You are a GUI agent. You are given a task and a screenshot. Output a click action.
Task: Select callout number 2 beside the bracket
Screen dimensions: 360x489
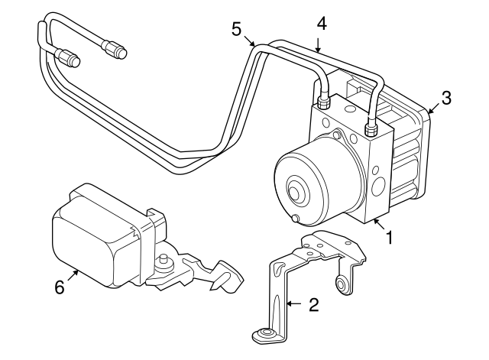tap(313, 306)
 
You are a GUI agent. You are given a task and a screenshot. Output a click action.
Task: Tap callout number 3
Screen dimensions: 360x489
tap(446, 98)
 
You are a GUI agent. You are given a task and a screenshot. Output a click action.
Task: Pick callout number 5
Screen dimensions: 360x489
tap(238, 29)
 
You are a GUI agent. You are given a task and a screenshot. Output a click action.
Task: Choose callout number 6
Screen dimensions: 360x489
tap(60, 287)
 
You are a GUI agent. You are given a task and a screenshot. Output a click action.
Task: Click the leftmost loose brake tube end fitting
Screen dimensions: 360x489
tap(69, 57)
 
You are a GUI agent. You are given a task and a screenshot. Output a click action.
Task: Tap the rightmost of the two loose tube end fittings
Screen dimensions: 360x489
tap(117, 50)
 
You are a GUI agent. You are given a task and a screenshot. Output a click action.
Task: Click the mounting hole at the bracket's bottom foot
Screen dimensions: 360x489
tap(265, 334)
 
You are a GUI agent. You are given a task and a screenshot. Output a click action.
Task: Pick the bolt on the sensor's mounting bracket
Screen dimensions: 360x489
tap(164, 262)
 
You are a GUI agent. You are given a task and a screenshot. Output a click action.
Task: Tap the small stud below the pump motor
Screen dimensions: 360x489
tap(294, 221)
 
